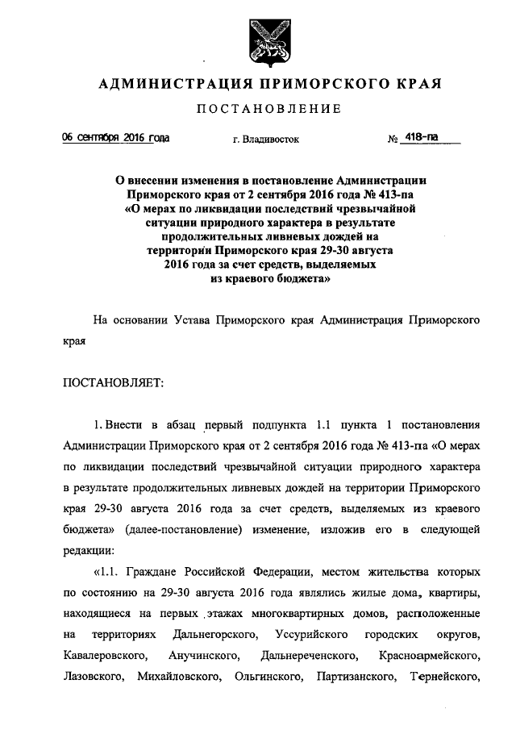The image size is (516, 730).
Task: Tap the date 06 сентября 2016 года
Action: [116, 138]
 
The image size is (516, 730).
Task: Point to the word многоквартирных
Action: [289, 614]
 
